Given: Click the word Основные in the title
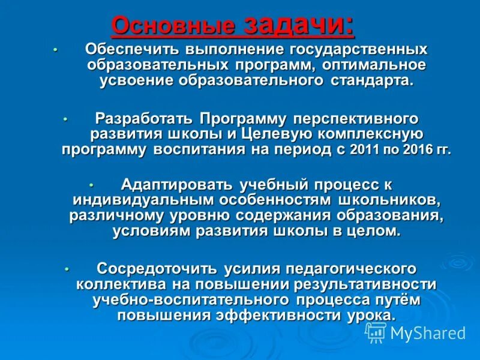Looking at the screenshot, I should pyautogui.click(x=175, y=26).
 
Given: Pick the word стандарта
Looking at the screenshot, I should pyautogui.click(x=371, y=80).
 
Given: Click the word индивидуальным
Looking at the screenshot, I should pyautogui.click(x=139, y=199).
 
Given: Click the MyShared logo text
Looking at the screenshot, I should pyautogui.click(x=427, y=333).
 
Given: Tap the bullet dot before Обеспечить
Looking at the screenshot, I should pyautogui.click(x=54, y=49).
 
